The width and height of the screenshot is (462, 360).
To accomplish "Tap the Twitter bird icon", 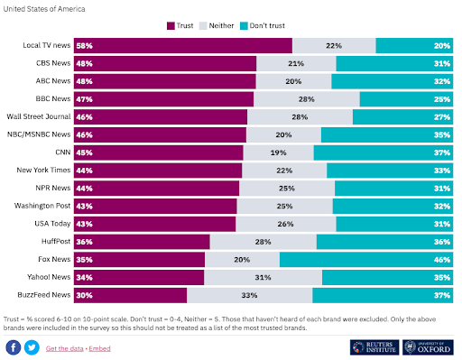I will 32,347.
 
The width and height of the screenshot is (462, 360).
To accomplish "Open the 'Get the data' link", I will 65,348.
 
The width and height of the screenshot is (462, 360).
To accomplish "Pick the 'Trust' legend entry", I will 181,25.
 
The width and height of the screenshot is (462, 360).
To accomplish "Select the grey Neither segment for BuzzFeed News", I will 250,295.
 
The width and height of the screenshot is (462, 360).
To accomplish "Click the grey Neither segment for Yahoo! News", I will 263,278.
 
